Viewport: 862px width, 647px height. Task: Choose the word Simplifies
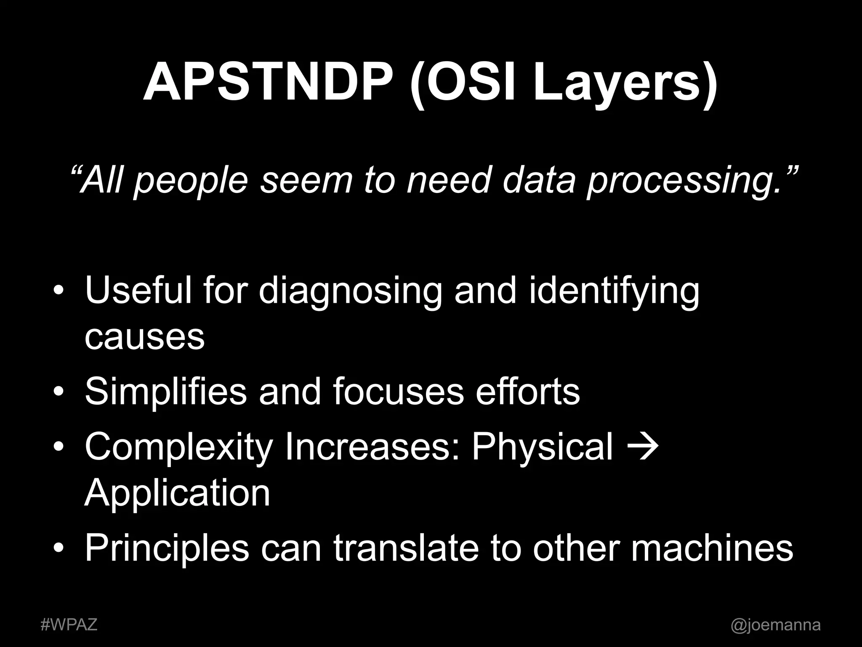pyautogui.click(x=166, y=392)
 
